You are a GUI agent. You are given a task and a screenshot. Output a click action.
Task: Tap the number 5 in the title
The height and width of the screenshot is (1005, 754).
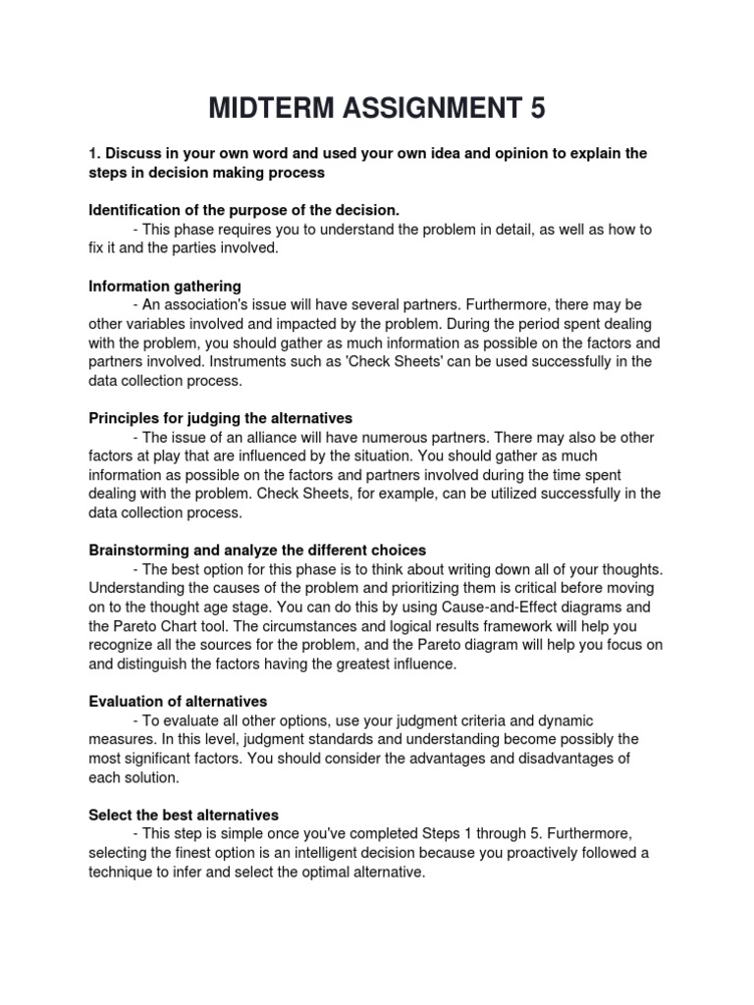coord(536,108)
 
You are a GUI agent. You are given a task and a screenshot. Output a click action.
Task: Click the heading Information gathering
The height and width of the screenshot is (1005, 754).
coord(165,286)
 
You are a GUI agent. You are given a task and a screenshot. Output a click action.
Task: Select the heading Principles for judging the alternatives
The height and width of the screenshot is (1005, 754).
coord(220,418)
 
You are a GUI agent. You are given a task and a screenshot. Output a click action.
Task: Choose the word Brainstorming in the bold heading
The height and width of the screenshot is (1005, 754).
coord(137,550)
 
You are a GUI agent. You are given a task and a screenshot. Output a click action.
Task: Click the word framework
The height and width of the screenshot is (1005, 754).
coord(504,625)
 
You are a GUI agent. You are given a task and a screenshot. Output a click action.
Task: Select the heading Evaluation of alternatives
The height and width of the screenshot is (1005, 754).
coord(178,702)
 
